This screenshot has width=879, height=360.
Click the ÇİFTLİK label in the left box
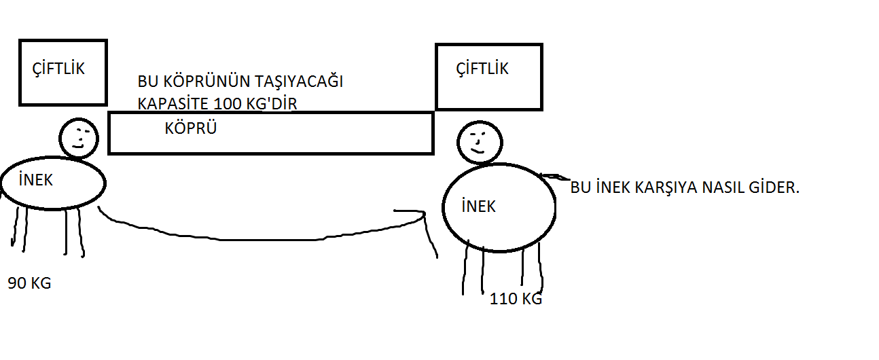(59, 69)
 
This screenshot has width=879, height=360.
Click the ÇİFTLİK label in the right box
(482, 69)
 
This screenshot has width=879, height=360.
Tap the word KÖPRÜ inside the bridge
(190, 128)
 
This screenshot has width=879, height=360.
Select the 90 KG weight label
(29, 283)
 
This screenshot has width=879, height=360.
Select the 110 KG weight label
(516, 299)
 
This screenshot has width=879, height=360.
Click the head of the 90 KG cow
(79, 138)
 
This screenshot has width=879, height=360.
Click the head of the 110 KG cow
(478, 142)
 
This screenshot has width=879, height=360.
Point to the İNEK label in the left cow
(36, 181)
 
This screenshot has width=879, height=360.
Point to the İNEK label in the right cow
(478, 206)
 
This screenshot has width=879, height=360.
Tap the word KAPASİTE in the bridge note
(173, 104)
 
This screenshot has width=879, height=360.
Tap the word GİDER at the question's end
(776, 188)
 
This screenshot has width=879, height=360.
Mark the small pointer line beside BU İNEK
(555, 177)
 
